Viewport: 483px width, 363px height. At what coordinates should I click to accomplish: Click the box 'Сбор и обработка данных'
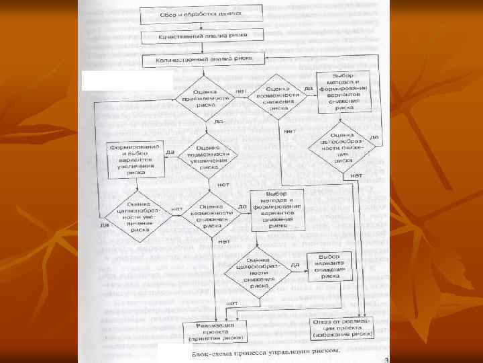191,13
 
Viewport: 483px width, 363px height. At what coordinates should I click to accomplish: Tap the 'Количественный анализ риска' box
205,59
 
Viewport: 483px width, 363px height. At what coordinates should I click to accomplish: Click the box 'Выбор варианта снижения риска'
329,266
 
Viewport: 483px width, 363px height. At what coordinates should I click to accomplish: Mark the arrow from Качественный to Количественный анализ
203,47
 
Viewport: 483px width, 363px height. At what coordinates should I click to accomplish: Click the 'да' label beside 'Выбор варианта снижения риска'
295,265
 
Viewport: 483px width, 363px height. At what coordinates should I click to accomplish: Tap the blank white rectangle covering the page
126,81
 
